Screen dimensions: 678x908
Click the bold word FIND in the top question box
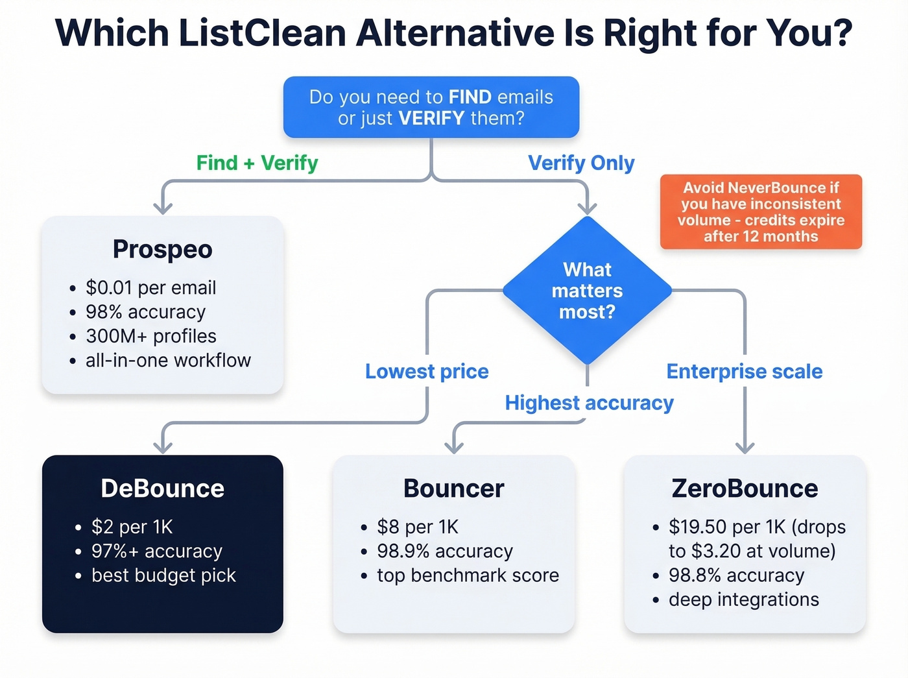[x=470, y=97]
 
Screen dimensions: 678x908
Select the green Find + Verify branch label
[x=257, y=163]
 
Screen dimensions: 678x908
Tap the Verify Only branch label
[x=581, y=163]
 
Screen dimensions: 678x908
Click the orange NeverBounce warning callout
[x=761, y=212]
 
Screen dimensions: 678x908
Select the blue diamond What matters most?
[x=587, y=291]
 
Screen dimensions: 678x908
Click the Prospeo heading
[x=162, y=249]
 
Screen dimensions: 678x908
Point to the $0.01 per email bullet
[x=150, y=287]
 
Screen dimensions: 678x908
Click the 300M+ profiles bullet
[x=150, y=336]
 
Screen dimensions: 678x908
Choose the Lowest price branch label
[x=427, y=371]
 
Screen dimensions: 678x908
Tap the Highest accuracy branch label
[x=589, y=403]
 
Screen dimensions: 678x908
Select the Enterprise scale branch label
[x=744, y=371]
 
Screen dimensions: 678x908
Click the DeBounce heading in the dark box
[x=162, y=489]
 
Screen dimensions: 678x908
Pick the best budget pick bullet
[x=163, y=575]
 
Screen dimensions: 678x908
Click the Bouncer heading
[x=453, y=489]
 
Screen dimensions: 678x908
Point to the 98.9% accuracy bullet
[x=445, y=551]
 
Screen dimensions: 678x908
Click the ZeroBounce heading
[x=745, y=489]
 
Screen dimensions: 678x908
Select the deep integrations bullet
[x=743, y=599]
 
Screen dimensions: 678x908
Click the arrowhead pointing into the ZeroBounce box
[x=745, y=447]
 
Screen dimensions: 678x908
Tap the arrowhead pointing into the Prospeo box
[x=162, y=208]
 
